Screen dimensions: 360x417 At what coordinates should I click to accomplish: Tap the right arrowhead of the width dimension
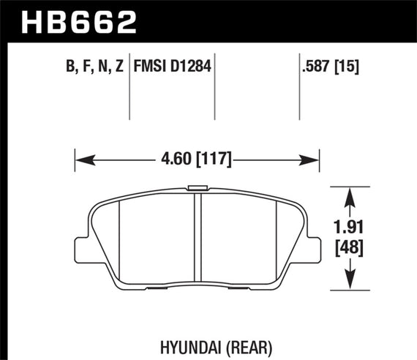[x=315, y=157]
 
